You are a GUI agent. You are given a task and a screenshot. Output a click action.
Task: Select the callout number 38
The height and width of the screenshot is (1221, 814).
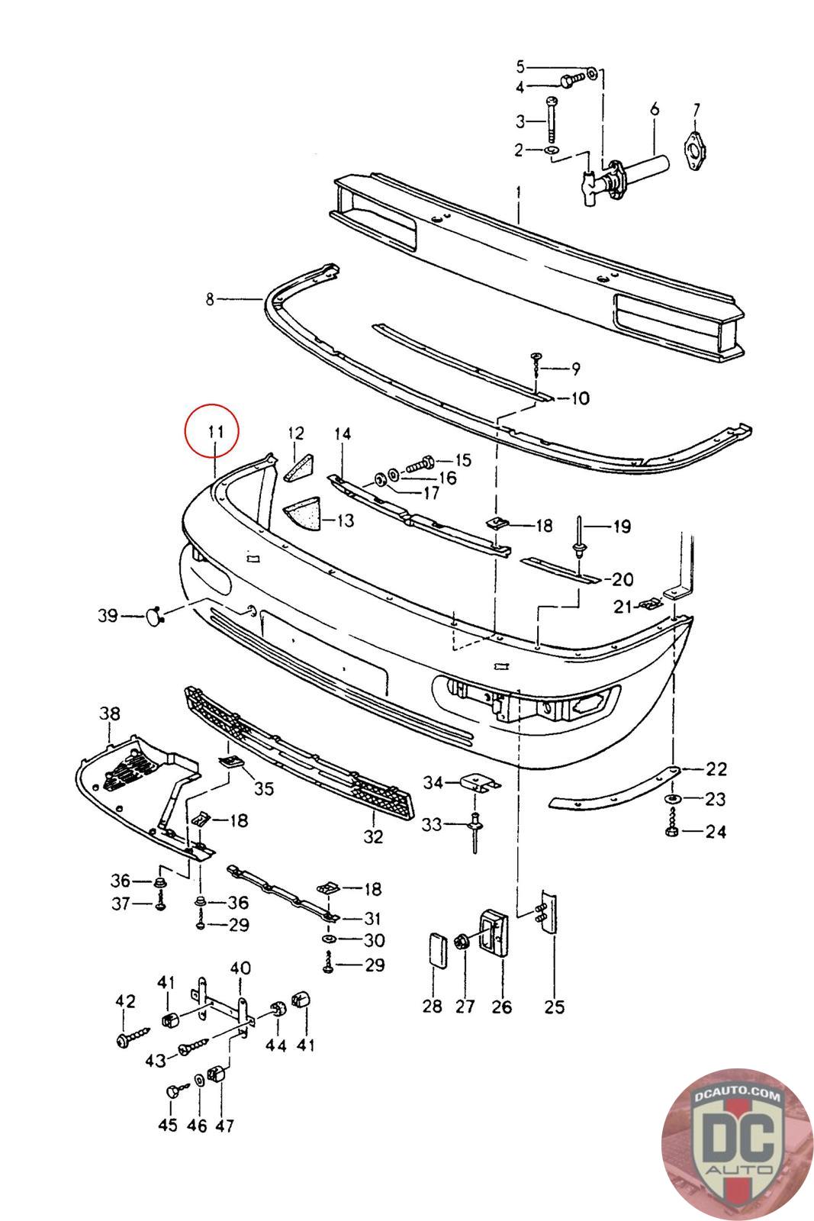pos(110,714)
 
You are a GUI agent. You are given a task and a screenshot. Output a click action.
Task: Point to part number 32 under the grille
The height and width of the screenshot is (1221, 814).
pos(373,837)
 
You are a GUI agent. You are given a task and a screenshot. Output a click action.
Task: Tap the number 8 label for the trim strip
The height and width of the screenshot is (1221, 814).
pos(211,300)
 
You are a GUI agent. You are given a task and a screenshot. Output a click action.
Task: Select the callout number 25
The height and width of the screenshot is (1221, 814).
pos(555,1007)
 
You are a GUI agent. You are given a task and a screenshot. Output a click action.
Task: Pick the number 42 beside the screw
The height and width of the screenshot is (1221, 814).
pos(125,1001)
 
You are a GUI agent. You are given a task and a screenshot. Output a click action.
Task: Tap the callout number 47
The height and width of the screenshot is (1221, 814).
pos(225,1125)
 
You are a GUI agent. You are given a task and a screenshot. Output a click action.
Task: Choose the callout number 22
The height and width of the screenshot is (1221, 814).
pos(716,768)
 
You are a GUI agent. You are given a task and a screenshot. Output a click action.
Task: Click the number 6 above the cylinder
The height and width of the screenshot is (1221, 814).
pos(655,110)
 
